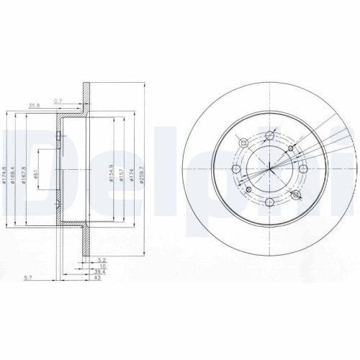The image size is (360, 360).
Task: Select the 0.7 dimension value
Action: [58, 100]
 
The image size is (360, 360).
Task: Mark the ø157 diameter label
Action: [121, 176]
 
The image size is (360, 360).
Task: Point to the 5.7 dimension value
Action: [27, 278]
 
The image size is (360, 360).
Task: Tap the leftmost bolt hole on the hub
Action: [237, 168]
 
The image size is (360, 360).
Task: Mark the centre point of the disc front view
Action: [270, 168]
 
